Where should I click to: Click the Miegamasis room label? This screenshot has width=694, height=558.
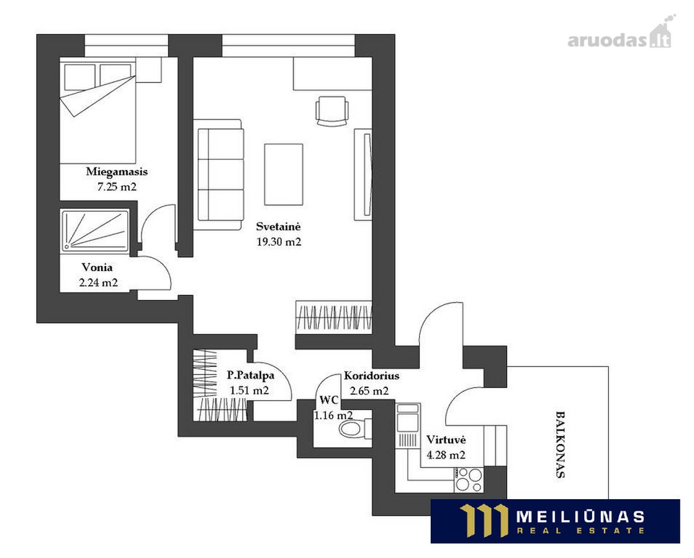(x=117, y=172)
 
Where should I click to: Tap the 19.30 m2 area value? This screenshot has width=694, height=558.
(x=279, y=242)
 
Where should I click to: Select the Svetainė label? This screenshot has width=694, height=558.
(x=278, y=226)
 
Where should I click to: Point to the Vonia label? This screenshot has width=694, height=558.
(x=97, y=267)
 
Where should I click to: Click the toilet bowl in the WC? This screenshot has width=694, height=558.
(x=351, y=428)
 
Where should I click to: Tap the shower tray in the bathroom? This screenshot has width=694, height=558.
(x=95, y=231)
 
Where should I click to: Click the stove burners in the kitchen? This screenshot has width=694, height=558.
(x=469, y=479)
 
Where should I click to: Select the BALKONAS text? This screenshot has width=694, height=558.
(x=560, y=445)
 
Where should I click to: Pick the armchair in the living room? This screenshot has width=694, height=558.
(x=332, y=111)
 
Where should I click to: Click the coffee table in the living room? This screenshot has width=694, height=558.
(x=284, y=175)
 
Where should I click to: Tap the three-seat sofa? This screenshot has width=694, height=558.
(x=219, y=175)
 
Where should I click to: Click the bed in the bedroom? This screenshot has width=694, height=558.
(x=97, y=110)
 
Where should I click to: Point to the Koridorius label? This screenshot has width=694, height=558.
(x=371, y=376)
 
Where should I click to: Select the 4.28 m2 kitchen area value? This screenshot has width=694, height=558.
(x=446, y=455)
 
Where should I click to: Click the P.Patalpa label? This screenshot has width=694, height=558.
(x=251, y=375)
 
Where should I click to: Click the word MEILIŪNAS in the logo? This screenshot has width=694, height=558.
(x=580, y=516)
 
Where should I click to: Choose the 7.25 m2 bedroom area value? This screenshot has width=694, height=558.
(x=117, y=187)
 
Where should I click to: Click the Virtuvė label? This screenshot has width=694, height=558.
(x=446, y=440)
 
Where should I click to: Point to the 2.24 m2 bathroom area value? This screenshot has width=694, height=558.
(x=98, y=283)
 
